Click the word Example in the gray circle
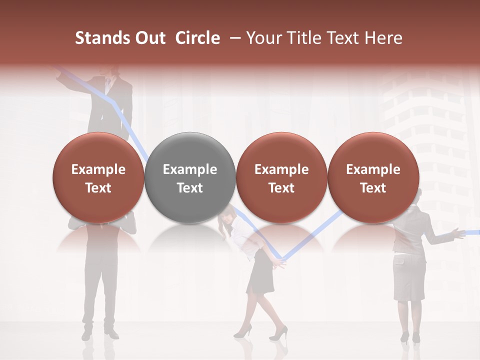point(190,169)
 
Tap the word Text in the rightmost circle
point(373,188)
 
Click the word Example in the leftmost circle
point(98,169)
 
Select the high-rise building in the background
point(425,115)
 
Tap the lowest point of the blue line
point(281,259)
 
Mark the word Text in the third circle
point(281,188)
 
